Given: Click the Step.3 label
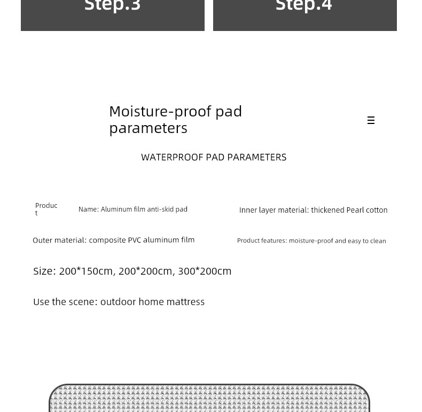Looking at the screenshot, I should pyautogui.click(x=112, y=6).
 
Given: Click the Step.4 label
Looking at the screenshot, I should pyautogui.click(x=303, y=6).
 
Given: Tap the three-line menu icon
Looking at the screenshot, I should pyautogui.click(x=371, y=120).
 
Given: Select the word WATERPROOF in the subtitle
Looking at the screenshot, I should pyautogui.click(x=172, y=157).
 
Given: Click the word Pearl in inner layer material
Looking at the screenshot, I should pyautogui.click(x=355, y=210).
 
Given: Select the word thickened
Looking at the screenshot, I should pyautogui.click(x=327, y=210).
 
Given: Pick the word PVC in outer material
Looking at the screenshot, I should pyautogui.click(x=135, y=240).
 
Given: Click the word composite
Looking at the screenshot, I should pyautogui.click(x=107, y=240).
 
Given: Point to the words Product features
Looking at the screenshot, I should pyautogui.click(x=262, y=241).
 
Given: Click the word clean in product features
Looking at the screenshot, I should pyautogui.click(x=378, y=241).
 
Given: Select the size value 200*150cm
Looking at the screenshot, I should pyautogui.click(x=86, y=271).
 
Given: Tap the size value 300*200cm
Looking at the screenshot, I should pyautogui.click(x=205, y=271).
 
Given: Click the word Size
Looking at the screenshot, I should pyautogui.click(x=44, y=271).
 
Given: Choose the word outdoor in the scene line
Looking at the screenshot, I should pyautogui.click(x=118, y=302).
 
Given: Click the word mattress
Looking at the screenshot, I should pyautogui.click(x=185, y=302).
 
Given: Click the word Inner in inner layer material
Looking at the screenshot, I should pyautogui.click(x=248, y=210).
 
